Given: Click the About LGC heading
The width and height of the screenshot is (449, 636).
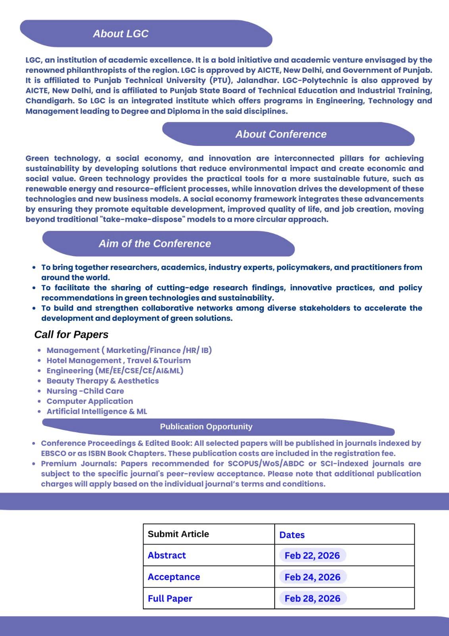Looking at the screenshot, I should point(121,34).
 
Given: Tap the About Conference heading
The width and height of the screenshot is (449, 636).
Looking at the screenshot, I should point(281,134).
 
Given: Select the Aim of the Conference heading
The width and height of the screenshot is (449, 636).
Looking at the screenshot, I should point(155,244).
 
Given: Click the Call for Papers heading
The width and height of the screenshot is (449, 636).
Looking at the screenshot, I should point(71,335).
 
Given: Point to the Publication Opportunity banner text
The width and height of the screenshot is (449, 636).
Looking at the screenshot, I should point(206,427).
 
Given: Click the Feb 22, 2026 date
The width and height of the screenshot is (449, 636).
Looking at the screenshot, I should point(312,555).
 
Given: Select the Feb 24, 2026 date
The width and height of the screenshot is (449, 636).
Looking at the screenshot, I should point(312,577).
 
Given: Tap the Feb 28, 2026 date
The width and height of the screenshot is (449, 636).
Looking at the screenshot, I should point(312,598).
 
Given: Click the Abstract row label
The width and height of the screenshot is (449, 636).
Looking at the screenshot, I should point(167,555).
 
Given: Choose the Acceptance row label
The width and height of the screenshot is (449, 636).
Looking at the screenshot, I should point(174,577).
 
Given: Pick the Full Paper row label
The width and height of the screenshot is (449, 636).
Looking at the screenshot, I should point(170,598).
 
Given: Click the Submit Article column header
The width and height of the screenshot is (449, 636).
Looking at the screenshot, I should point(178,534).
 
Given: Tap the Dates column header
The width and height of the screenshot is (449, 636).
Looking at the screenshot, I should point(292,535).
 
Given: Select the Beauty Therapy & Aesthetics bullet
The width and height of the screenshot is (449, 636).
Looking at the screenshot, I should point(102,381).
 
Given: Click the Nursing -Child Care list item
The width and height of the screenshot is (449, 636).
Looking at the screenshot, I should point(85,391).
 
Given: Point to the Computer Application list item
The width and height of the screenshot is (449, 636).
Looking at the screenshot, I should point(90,401).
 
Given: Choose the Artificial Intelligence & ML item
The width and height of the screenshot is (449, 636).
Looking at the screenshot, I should point(96,411).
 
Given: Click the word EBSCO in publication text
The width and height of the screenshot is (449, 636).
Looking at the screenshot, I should point(54,454).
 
